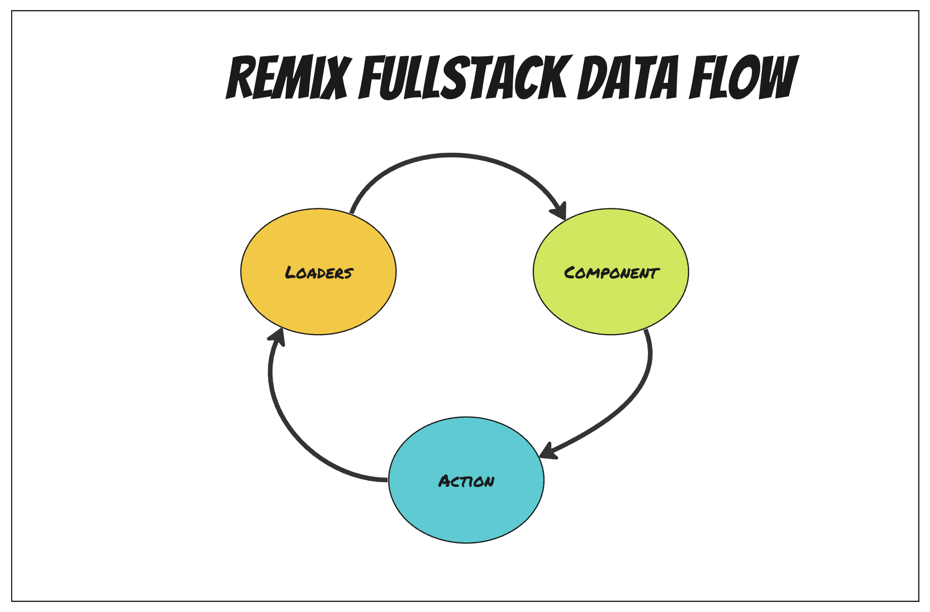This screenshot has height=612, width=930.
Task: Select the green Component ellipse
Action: click(x=611, y=302)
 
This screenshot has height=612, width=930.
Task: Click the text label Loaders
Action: click(x=319, y=273)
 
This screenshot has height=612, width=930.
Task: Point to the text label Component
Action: click(x=611, y=273)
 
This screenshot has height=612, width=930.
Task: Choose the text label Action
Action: click(x=466, y=481)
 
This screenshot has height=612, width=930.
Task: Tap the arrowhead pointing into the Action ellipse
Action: click(x=548, y=451)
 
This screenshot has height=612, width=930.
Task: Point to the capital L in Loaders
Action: click(x=291, y=273)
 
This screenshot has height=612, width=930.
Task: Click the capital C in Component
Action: click(x=570, y=273)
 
